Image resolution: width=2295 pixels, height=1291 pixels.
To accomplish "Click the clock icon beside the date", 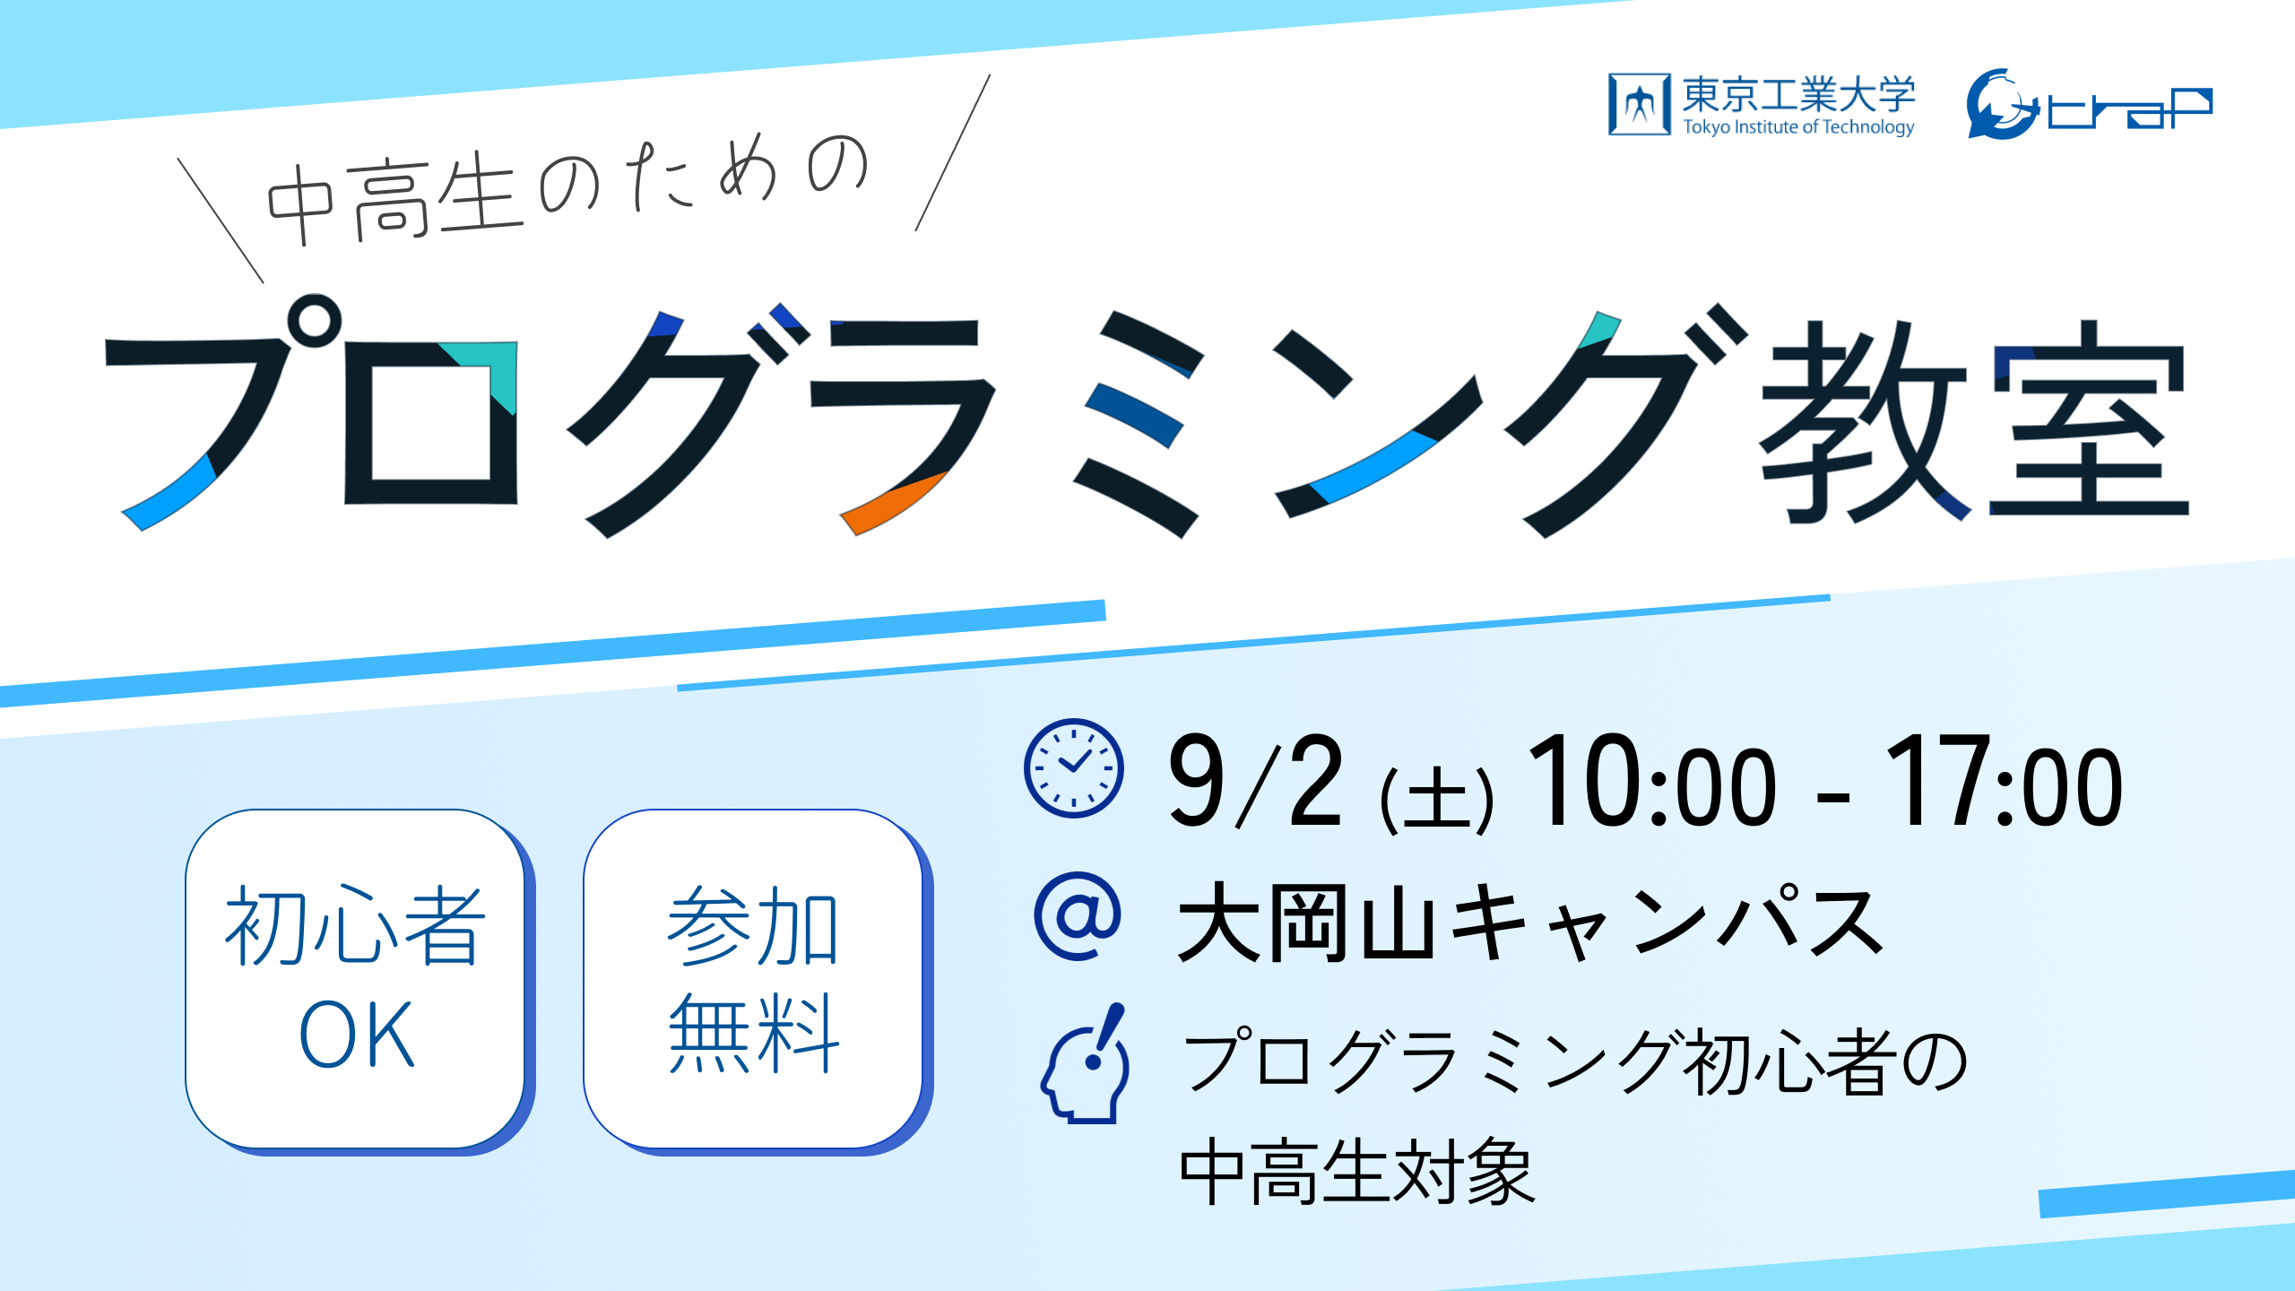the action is [1073, 768].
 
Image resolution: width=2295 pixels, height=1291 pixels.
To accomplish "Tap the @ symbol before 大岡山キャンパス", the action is [1078, 916].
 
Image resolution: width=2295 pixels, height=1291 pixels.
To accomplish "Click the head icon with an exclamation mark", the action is [1086, 1063].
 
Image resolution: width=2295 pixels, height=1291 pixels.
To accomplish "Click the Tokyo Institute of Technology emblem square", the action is [1640, 104].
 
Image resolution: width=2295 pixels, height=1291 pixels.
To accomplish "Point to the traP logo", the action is [2089, 104].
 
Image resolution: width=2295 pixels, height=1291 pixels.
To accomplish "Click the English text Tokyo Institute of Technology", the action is [1798, 127].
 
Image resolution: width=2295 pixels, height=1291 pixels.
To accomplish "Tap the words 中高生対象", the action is [1357, 1171].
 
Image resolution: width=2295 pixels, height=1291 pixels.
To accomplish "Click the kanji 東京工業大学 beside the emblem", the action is [1798, 94].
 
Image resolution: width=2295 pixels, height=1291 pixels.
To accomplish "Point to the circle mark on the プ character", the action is [314, 320].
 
